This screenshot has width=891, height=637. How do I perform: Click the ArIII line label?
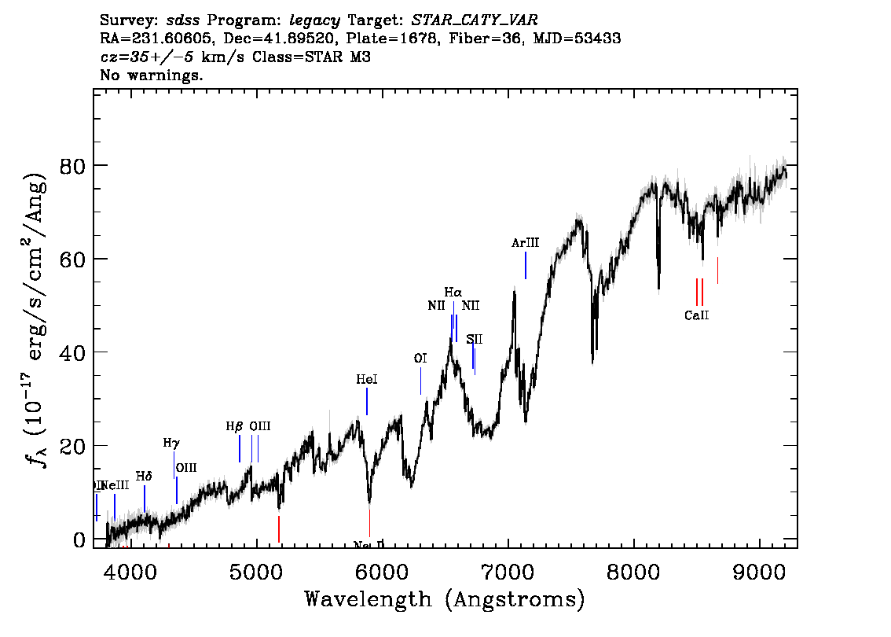[x=525, y=244]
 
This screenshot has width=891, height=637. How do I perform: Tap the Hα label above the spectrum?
[x=453, y=293]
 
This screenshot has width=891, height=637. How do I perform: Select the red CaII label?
[x=697, y=315]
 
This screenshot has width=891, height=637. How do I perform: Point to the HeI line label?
[x=367, y=380]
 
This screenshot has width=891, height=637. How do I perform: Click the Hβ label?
[x=234, y=426]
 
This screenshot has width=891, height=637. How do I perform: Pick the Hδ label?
[x=144, y=477]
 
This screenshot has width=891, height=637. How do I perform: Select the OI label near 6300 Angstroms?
[x=420, y=359]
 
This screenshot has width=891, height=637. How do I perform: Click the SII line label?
[x=475, y=339]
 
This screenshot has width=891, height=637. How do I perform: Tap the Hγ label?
[x=171, y=444]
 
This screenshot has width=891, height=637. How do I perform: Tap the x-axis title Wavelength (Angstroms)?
[x=445, y=600]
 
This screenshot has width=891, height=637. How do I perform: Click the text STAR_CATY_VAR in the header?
[x=475, y=19]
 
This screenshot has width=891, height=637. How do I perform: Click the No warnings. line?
[x=152, y=75]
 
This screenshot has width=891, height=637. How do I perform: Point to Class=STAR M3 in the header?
[x=311, y=57]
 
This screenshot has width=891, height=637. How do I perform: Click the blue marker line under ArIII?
[x=525, y=265]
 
